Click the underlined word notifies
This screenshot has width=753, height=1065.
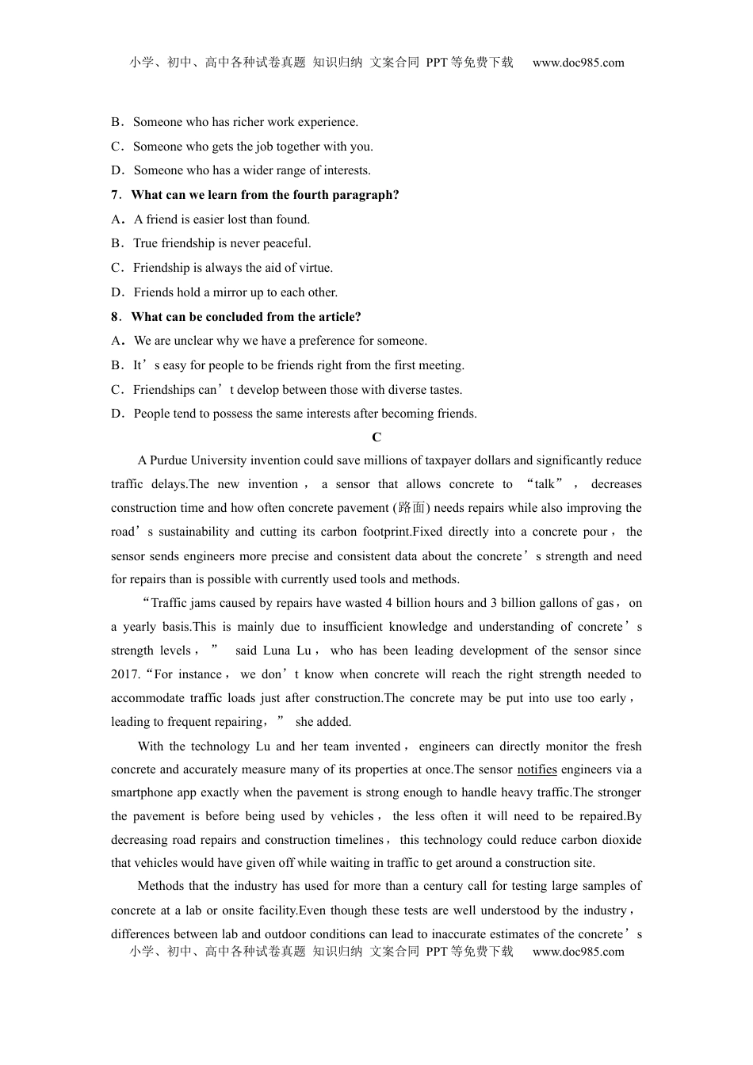coord(537,769)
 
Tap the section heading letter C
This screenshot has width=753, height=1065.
coord(376,437)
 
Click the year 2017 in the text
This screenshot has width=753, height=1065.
coord(125,674)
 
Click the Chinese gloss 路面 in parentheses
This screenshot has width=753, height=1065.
coord(412,508)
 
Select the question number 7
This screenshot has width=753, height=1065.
coord(115,195)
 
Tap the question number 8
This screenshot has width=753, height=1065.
coord(115,317)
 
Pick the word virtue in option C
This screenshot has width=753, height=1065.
coord(315,268)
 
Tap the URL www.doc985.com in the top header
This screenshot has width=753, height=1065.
coord(578,63)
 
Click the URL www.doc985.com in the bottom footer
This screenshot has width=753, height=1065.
coord(578,952)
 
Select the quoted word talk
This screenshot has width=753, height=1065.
coord(545,484)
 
